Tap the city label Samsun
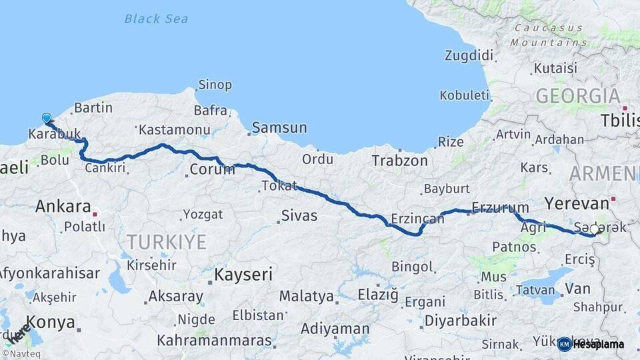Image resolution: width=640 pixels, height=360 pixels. point(279,127)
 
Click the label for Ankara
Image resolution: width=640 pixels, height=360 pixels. point(63,206)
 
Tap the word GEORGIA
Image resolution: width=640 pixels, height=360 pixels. point(577,95)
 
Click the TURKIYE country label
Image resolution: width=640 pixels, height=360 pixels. point(167,241)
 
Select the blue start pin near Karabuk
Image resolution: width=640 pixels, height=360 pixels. point(47,118)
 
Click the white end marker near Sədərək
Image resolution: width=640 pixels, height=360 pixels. point(595,229)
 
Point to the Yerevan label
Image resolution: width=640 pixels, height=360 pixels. point(577,203)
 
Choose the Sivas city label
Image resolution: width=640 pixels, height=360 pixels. point(299,215)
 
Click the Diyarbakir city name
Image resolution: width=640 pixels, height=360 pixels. point(460,321)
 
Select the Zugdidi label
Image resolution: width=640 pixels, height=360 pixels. point(469,55)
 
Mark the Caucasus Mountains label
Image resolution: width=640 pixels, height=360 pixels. point(549,35)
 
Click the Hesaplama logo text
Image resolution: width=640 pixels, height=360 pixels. point(599,345)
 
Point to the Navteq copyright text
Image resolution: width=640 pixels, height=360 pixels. point(21,354)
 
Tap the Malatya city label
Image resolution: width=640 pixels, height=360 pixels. point(306,296)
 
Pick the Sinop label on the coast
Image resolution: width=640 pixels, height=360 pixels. point(215,85)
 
